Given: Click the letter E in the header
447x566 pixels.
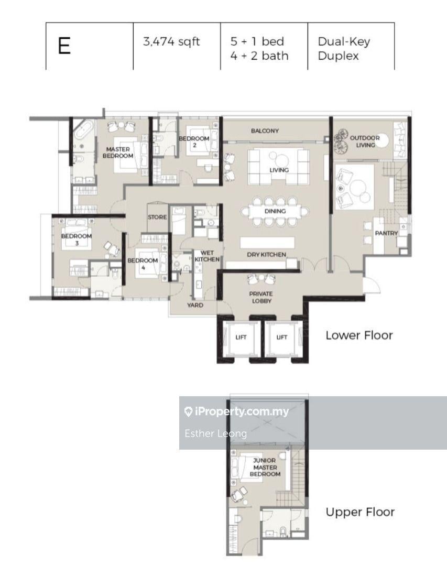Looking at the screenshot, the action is pos(64,46).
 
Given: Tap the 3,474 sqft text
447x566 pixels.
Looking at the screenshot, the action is pos(171,41).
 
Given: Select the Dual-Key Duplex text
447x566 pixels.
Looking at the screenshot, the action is pos(344,49).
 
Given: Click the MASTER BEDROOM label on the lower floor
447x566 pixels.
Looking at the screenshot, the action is pos(118,153).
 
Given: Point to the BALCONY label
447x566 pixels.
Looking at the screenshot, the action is pos(265,130).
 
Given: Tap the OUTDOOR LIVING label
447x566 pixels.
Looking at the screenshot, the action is pos(365,141).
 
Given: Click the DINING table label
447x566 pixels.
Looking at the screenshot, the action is pos(275,211).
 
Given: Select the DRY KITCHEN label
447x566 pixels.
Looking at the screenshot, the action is pos(266,255).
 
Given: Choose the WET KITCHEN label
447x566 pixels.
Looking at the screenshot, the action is pos(207,256).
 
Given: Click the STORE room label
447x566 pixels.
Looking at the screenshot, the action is pos(157,217).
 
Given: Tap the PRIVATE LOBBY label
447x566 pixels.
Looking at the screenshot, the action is pos(261,298).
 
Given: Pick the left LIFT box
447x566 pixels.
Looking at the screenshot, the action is pos(241,338).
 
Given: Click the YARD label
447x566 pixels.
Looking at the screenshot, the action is pos(195,305).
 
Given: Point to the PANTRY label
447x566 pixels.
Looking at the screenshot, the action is pos(386,233).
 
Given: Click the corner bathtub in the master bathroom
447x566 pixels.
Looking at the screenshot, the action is pos(84,130).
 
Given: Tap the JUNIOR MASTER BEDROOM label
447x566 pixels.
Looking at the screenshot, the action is pos(265,467).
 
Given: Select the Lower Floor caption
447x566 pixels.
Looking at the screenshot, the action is pos(359,335).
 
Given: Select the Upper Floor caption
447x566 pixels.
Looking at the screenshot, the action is pos(360,512).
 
